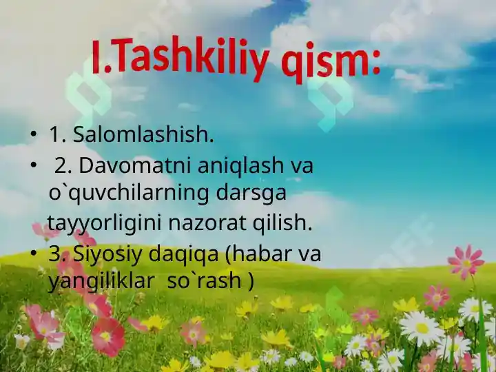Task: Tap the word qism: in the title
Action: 331,62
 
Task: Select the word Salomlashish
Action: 143,134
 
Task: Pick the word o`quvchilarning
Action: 129,194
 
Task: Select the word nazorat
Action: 207,223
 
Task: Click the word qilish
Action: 282,223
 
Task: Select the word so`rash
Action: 204,280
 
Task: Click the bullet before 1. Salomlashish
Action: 32,134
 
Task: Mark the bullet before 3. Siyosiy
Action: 32,254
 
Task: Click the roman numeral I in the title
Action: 97,58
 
